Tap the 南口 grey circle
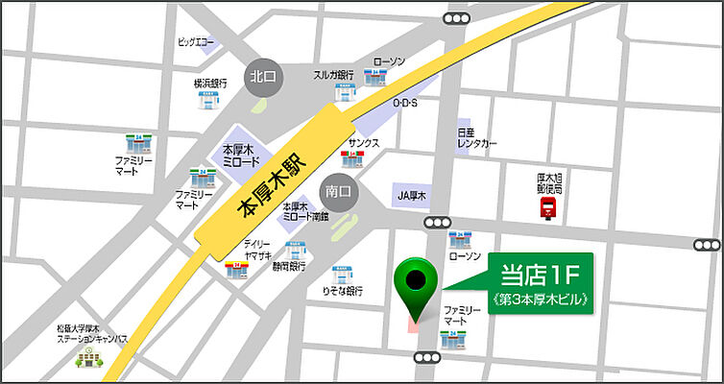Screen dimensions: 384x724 point(338,191)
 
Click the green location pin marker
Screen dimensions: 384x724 point(417,281)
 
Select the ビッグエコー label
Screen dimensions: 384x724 point(196,42)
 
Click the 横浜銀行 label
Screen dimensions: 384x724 point(209,84)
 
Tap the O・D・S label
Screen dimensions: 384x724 point(405,103)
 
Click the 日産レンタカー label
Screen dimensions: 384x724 point(477,137)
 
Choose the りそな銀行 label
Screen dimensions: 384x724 point(343,289)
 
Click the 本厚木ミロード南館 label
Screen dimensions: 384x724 point(303,211)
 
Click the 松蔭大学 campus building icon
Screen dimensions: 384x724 point(88,360)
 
